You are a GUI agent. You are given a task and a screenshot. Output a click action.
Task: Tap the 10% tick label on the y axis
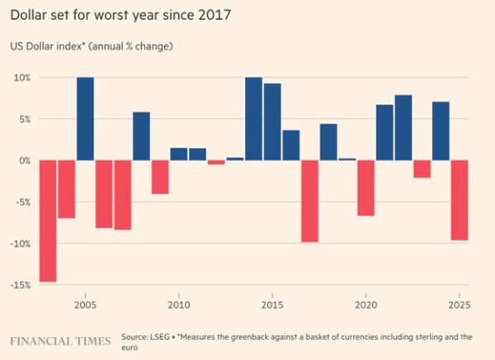[x=21, y=78]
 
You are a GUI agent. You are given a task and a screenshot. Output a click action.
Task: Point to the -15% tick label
[x=20, y=285]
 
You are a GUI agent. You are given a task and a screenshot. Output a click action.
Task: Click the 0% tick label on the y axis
[x=24, y=160]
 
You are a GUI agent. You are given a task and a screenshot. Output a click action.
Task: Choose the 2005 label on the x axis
[x=85, y=305]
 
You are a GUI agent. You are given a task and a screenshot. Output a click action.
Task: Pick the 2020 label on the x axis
[x=365, y=305]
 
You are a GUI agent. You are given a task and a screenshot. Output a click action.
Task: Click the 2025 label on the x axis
[x=459, y=305]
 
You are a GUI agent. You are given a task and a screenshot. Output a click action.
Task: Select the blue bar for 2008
[x=141, y=135]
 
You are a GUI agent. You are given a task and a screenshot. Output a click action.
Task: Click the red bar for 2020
[x=365, y=187]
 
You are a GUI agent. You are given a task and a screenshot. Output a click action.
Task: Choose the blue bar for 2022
[x=403, y=127]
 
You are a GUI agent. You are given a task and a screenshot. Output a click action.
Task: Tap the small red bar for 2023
[x=422, y=168]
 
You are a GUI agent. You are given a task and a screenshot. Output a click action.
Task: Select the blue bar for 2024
[x=441, y=130]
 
